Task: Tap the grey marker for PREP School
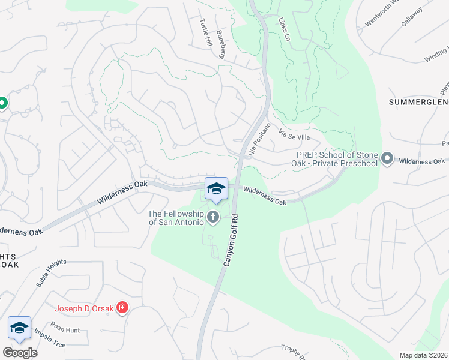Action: [388, 159]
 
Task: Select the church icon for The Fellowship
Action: [213, 217]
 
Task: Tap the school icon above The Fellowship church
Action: [216, 188]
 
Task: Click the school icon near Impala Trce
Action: [20, 328]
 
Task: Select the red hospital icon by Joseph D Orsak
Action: [122, 308]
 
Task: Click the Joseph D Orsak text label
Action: [85, 309]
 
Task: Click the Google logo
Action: [20, 353]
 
